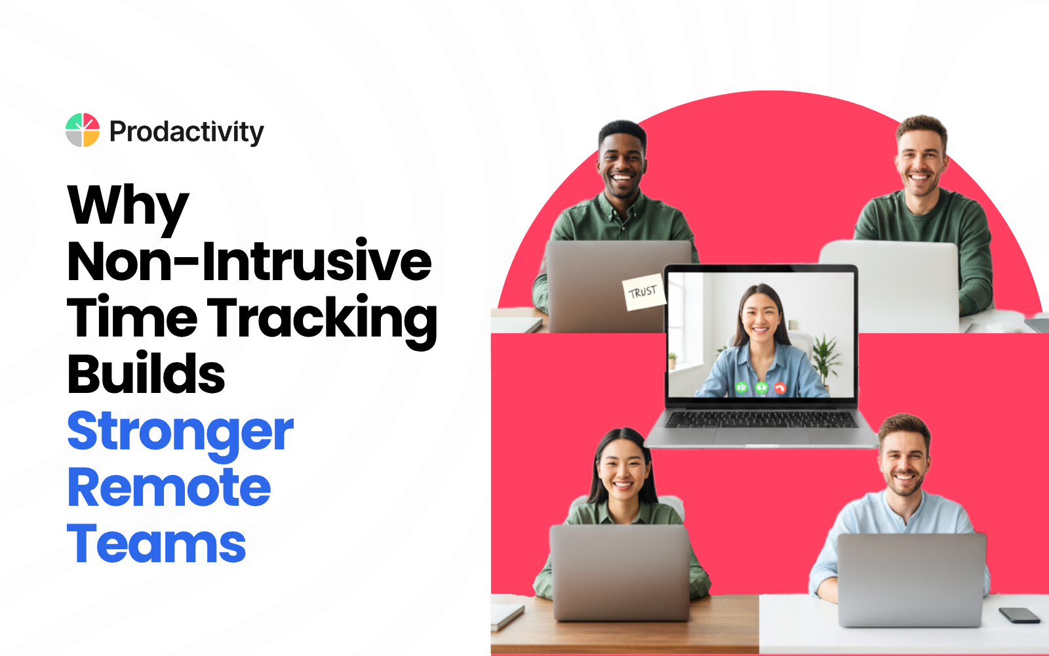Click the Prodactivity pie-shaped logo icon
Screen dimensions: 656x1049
pyautogui.click(x=83, y=130)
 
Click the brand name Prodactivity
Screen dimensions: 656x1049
pyautogui.click(x=186, y=132)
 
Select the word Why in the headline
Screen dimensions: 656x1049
pyautogui.click(x=128, y=206)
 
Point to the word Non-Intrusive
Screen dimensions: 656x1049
pyautogui.click(x=249, y=262)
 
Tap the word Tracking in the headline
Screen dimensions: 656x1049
pyautogui.click(x=322, y=319)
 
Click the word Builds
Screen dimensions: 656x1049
pyautogui.click(x=146, y=375)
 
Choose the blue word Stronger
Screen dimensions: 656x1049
pyautogui.click(x=180, y=432)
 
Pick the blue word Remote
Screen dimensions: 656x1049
pyautogui.click(x=169, y=488)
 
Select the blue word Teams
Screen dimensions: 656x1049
pyautogui.click(x=157, y=544)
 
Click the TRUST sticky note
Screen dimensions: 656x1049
pyautogui.click(x=643, y=292)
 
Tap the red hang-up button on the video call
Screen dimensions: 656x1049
pyautogui.click(x=780, y=388)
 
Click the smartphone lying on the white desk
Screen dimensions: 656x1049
pyautogui.click(x=1019, y=615)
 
